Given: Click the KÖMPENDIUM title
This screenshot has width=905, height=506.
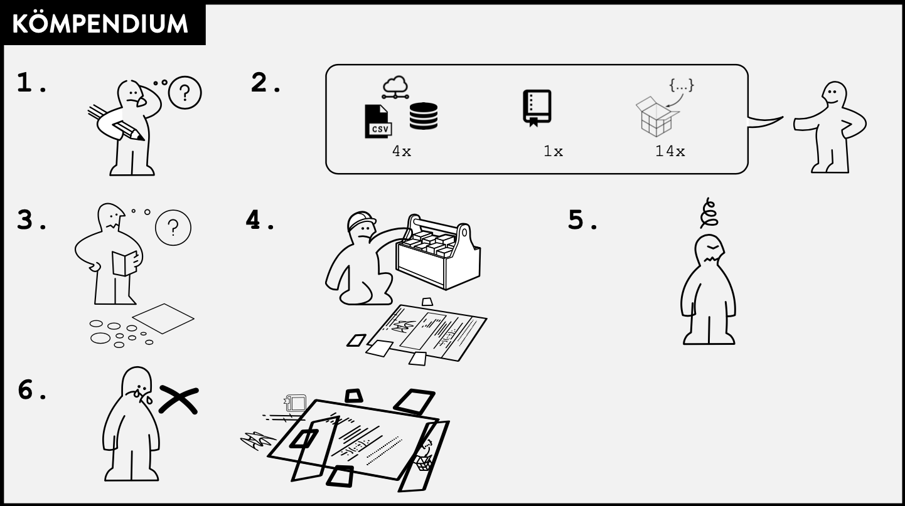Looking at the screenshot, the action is pyautogui.click(x=100, y=23).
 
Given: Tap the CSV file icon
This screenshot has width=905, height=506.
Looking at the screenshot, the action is pyautogui.click(x=378, y=121).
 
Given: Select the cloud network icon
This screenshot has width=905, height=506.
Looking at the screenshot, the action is pyautogui.click(x=395, y=87).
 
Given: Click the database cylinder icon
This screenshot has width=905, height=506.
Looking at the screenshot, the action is pyautogui.click(x=424, y=116).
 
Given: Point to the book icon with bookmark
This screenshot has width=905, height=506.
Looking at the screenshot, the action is pyautogui.click(x=537, y=108).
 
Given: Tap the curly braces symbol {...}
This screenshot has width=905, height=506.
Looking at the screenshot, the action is pyautogui.click(x=682, y=85).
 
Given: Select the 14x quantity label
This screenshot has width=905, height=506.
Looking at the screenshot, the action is pyautogui.click(x=670, y=151).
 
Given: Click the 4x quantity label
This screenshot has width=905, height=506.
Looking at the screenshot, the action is pyautogui.click(x=402, y=151).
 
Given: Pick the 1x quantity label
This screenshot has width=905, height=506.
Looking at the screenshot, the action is pyautogui.click(x=553, y=151).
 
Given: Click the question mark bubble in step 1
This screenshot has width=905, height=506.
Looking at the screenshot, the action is pyautogui.click(x=185, y=93).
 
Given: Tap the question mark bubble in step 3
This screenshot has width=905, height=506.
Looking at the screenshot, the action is pyautogui.click(x=173, y=228).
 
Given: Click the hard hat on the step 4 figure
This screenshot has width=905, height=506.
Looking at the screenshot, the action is pyautogui.click(x=361, y=220).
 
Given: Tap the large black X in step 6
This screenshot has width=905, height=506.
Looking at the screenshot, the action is pyautogui.click(x=179, y=399).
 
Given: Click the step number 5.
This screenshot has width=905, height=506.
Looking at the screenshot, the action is pyautogui.click(x=576, y=220).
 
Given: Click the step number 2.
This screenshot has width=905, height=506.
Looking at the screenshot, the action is pyautogui.click(x=259, y=83).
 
